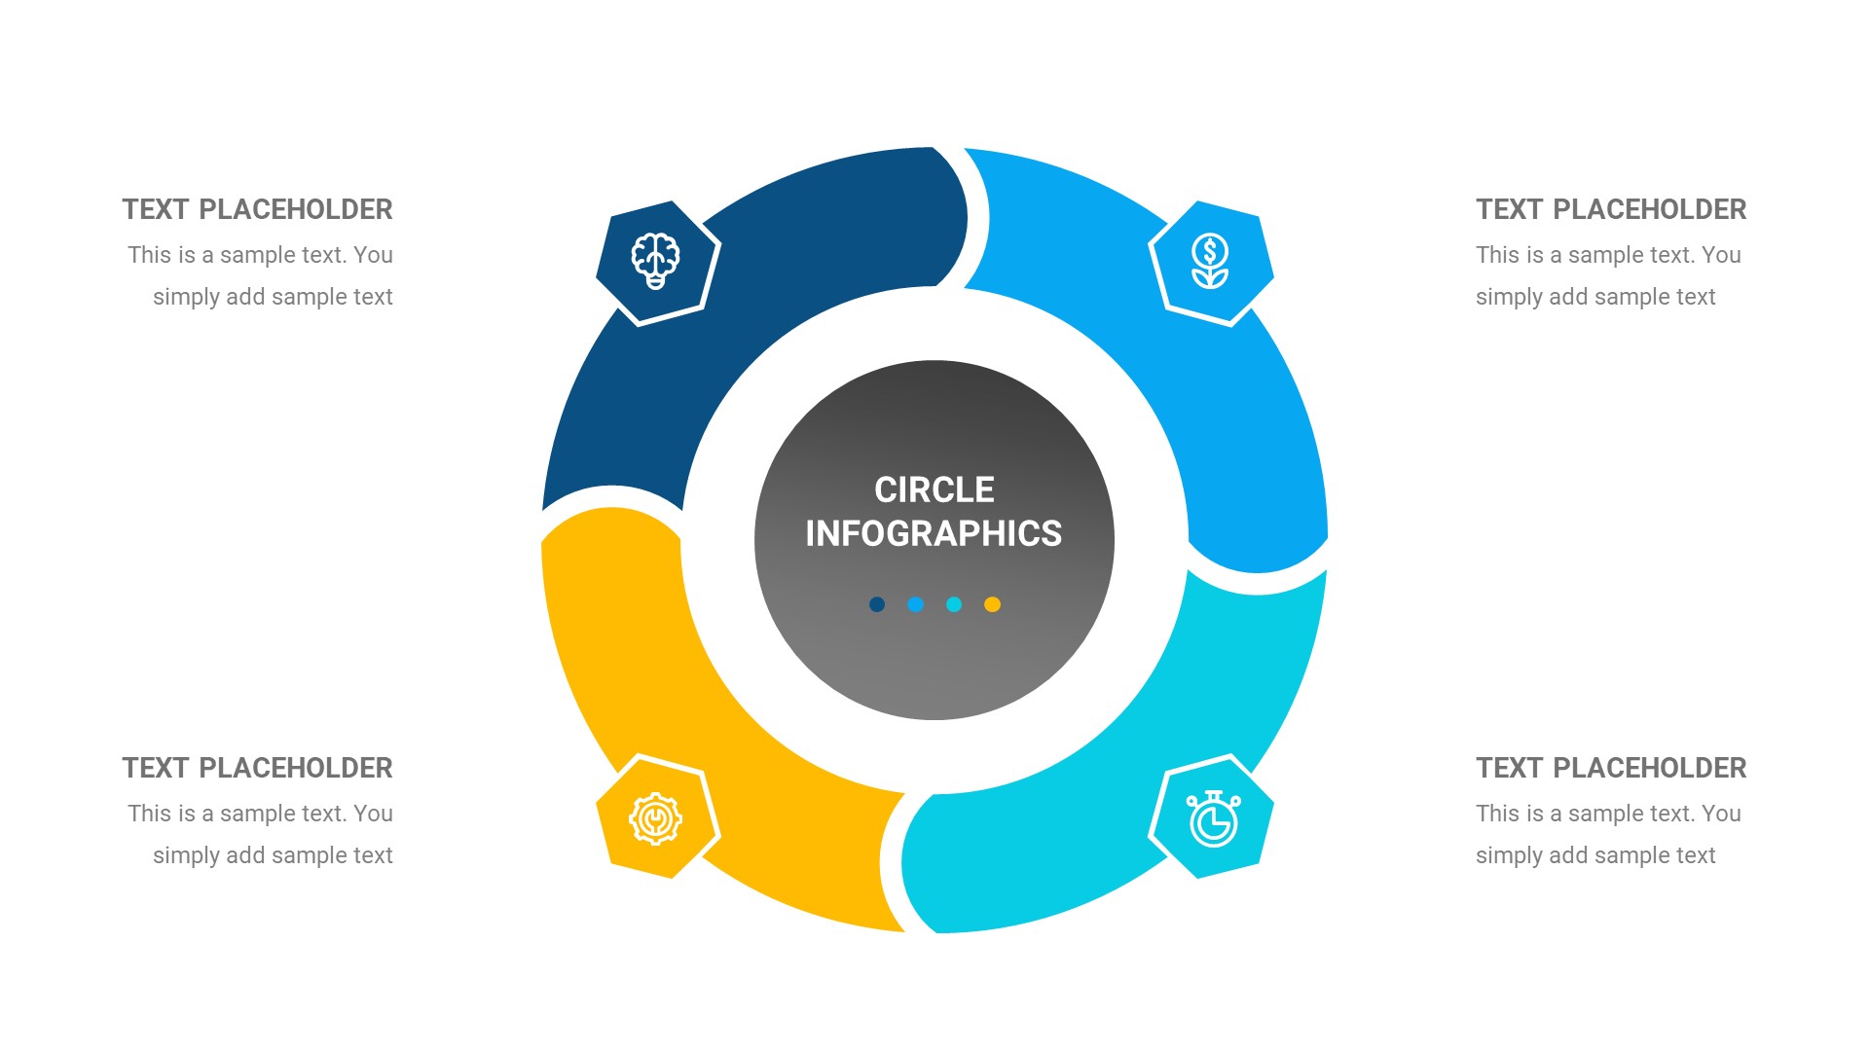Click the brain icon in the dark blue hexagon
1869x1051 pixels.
[656, 260]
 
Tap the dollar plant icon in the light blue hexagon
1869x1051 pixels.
[1210, 261]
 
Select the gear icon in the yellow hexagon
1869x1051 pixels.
[655, 818]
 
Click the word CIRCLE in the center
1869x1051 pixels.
[934, 489]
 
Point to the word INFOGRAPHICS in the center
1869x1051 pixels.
[934, 533]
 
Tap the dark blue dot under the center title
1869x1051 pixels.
[877, 604]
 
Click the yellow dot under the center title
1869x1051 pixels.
[992, 604]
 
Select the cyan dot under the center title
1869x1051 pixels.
[954, 604]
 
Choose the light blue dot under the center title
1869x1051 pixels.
[915, 604]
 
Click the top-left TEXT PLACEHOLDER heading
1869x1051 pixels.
[257, 209]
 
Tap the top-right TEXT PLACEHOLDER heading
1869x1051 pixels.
[1611, 209]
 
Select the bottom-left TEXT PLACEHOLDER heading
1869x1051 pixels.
[257, 768]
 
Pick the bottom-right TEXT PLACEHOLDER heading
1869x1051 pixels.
[1611, 768]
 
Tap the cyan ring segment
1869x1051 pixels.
[1119, 798]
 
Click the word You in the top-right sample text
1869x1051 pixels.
[1721, 255]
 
